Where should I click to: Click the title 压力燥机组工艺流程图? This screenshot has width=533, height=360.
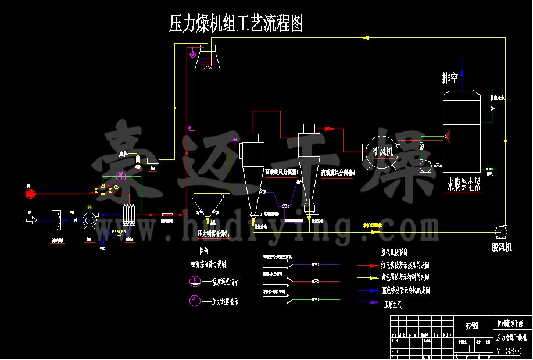point(235,23)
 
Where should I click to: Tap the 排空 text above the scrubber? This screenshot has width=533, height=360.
point(450,77)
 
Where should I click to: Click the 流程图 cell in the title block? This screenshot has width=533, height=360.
point(474,326)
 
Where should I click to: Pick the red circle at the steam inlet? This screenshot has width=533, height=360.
point(31,191)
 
